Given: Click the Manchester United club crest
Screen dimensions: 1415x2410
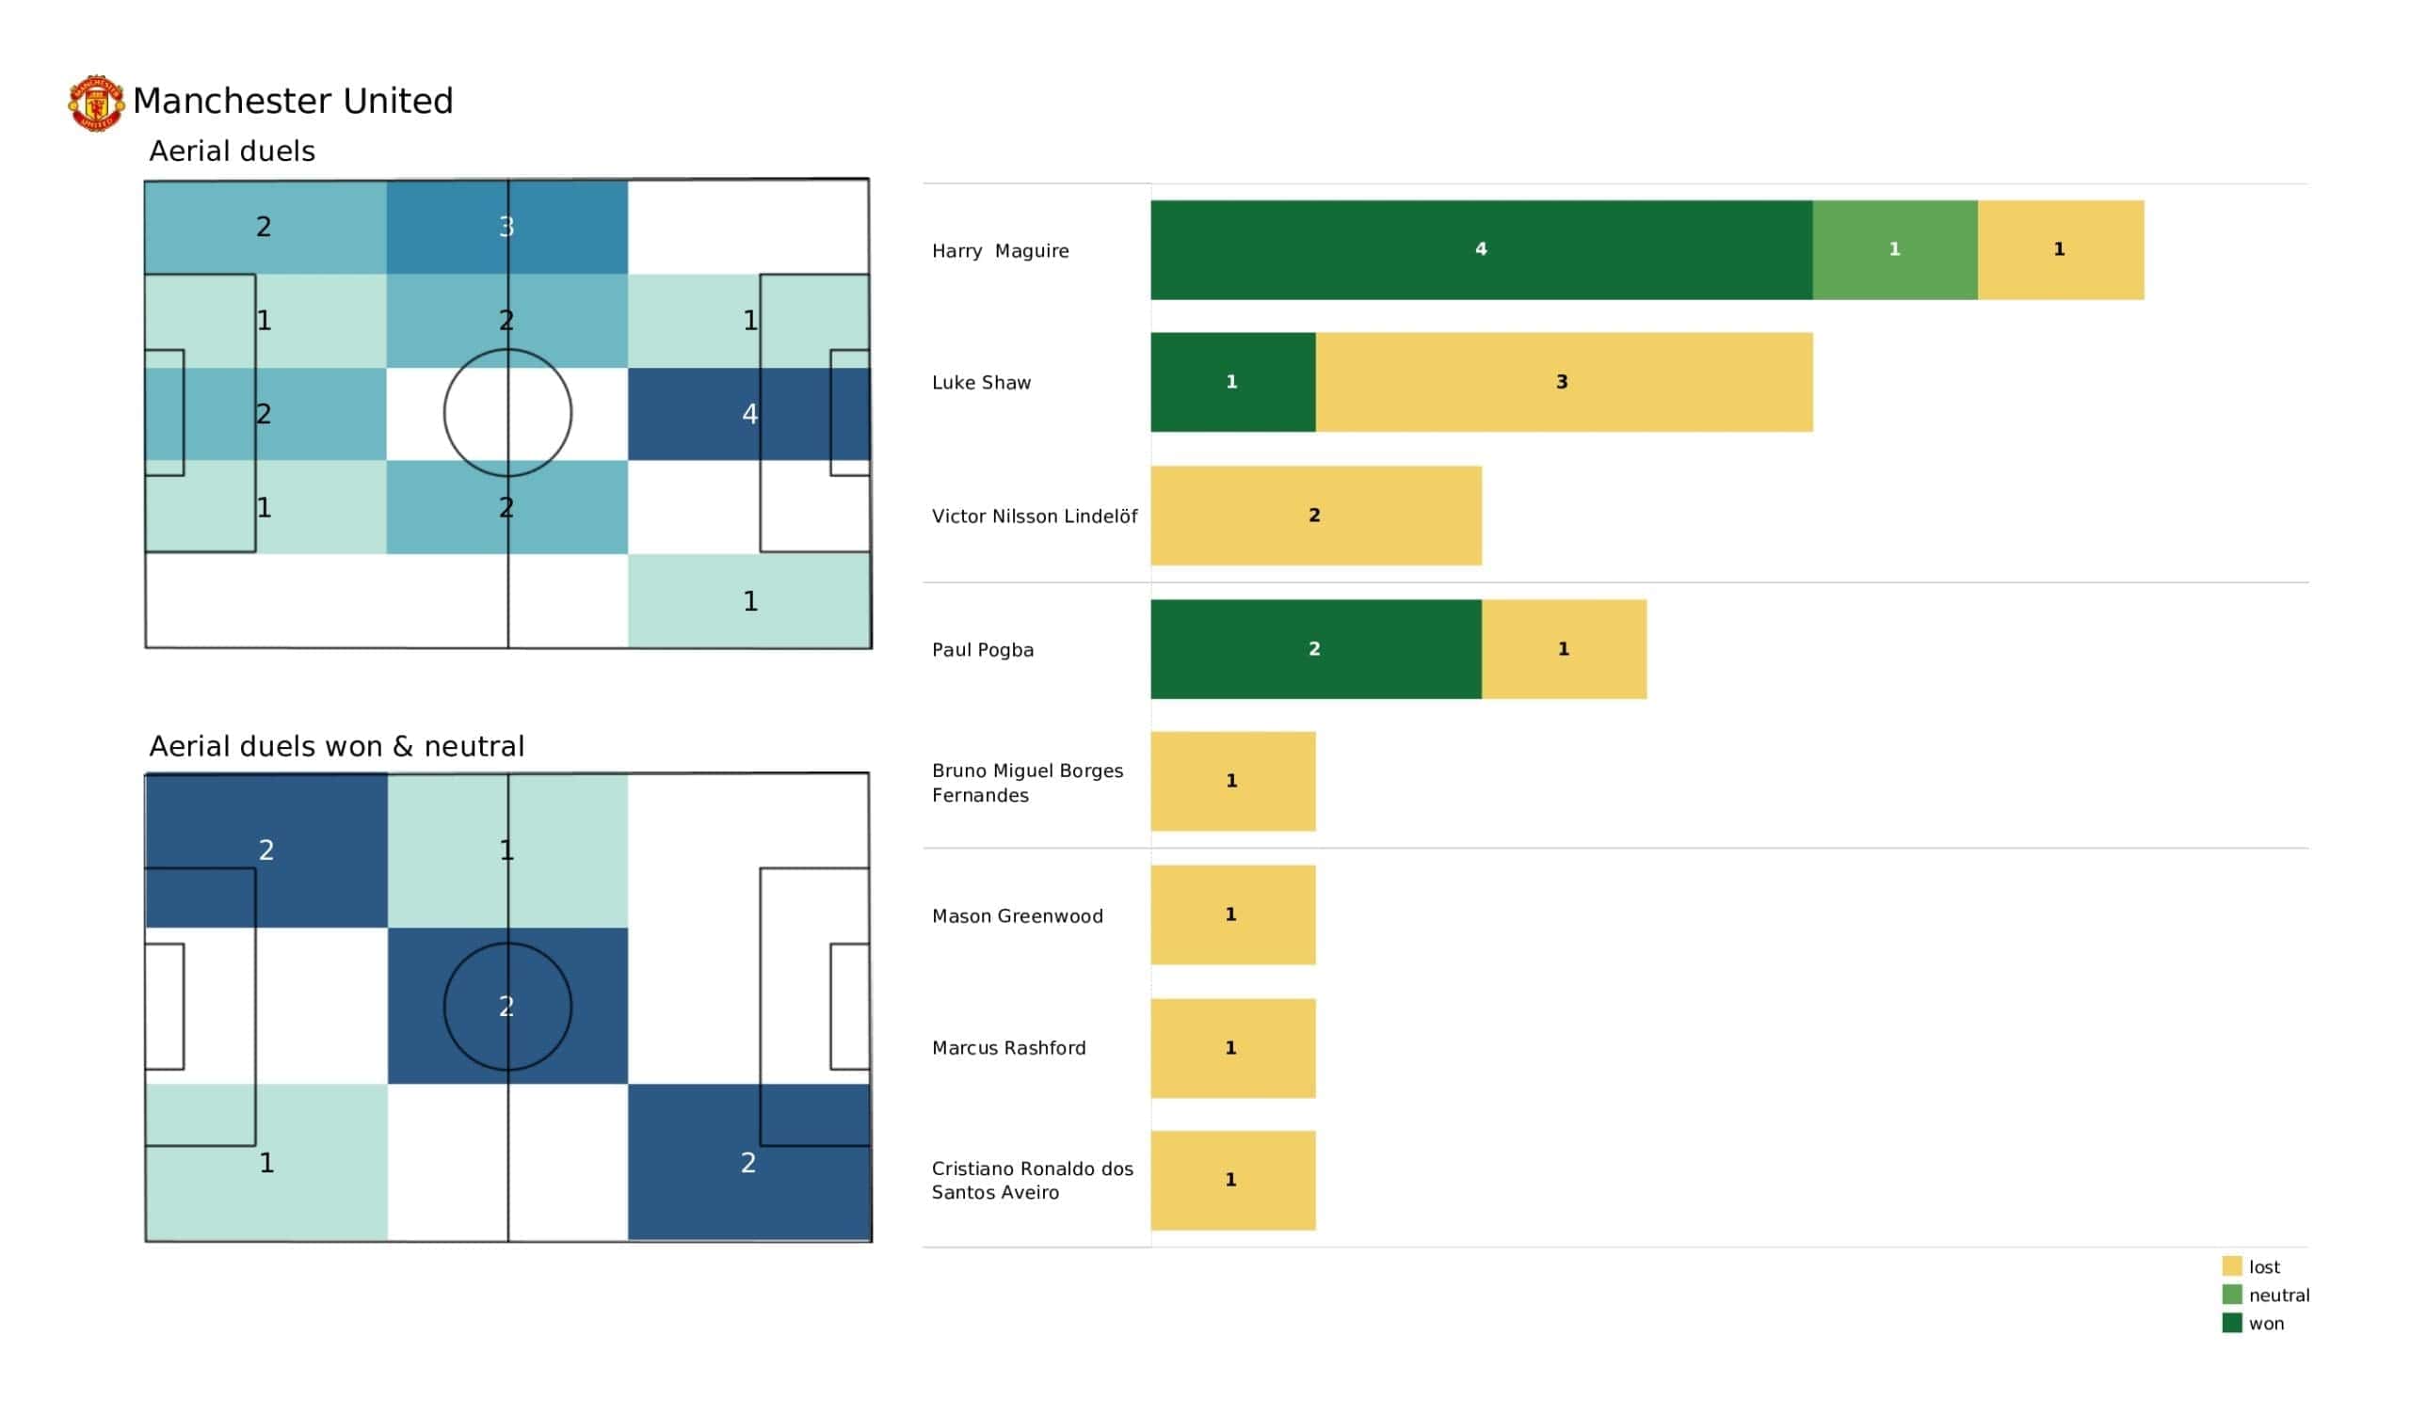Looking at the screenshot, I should pyautogui.click(x=96, y=103).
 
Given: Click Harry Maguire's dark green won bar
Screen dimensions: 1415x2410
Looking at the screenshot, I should pyautogui.click(x=1481, y=249).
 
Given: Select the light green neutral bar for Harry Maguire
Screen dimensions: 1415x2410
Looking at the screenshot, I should pyautogui.click(x=1893, y=249).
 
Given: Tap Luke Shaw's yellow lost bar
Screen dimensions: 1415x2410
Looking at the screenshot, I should pyautogui.click(x=1563, y=382).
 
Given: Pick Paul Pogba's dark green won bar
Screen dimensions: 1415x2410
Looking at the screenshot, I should pyautogui.click(x=1315, y=649).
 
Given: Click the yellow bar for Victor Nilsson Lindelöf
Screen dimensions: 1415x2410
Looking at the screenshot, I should pyautogui.click(x=1315, y=517).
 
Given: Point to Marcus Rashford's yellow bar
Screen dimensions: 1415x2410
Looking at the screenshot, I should pyautogui.click(x=1231, y=1048).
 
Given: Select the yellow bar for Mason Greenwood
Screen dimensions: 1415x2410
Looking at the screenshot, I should pyautogui.click(x=1231, y=915).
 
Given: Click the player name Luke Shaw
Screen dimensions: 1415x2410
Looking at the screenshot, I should pyautogui.click(x=981, y=382).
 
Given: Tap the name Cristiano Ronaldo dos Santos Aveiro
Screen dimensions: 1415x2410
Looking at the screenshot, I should pyautogui.click(x=1032, y=1180).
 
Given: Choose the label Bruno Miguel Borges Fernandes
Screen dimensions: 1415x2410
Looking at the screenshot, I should pyautogui.click(x=1027, y=782).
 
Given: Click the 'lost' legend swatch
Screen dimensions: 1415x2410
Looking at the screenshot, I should pyautogui.click(x=2231, y=1265).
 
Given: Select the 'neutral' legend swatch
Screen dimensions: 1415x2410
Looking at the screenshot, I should pyautogui.click(x=2231, y=1295).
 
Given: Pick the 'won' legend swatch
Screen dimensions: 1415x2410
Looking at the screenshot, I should pyautogui.click(x=2231, y=1323).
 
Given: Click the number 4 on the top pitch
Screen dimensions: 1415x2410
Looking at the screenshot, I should pyautogui.click(x=749, y=414).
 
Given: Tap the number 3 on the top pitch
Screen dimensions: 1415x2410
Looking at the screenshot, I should pyautogui.click(x=506, y=227).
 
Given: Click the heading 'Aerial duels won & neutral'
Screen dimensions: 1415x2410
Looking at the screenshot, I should pyautogui.click(x=337, y=746).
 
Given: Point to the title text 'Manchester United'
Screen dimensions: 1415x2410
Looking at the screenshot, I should pyautogui.click(x=293, y=101).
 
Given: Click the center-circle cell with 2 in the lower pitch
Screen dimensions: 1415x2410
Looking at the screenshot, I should pyautogui.click(x=506, y=1006).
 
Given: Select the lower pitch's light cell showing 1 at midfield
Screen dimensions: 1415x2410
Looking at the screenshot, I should pyautogui.click(x=506, y=850).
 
